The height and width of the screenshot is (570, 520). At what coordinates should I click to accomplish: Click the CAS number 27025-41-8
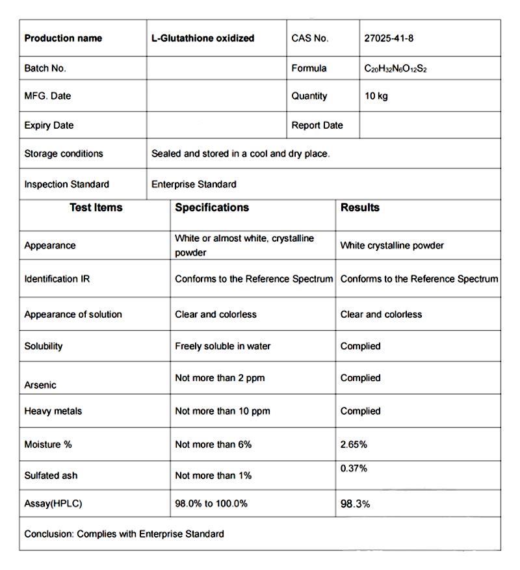[389, 38]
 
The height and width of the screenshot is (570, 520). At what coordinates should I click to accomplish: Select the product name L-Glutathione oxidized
[203, 38]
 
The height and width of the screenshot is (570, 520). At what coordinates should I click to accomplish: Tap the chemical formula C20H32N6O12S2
[395, 69]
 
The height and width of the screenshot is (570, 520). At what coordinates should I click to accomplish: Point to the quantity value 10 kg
[376, 96]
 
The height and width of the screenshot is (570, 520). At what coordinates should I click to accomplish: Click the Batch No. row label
[45, 68]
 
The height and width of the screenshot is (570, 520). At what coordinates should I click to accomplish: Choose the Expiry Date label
[49, 125]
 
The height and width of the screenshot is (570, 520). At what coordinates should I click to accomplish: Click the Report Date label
[317, 125]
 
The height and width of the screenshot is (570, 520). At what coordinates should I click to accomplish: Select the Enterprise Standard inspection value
[194, 185]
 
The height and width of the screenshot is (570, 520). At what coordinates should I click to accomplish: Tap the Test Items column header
[96, 208]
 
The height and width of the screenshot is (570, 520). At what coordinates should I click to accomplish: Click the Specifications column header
[212, 208]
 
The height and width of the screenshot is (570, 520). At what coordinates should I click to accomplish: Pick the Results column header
[360, 208]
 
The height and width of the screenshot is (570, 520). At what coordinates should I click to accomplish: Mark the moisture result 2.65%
[354, 445]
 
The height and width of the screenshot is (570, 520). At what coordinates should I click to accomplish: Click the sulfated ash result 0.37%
[354, 469]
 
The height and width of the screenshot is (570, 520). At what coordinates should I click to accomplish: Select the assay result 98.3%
[356, 504]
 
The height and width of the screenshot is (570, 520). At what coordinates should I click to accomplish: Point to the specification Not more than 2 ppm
[220, 378]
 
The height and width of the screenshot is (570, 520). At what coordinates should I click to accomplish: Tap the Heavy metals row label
[53, 411]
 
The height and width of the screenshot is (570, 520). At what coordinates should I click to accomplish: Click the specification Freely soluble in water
[222, 346]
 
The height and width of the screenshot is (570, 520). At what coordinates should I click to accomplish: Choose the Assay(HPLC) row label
[53, 504]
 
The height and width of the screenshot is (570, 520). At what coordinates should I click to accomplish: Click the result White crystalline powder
[392, 246]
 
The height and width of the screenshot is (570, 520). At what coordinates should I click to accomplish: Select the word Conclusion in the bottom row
[48, 534]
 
